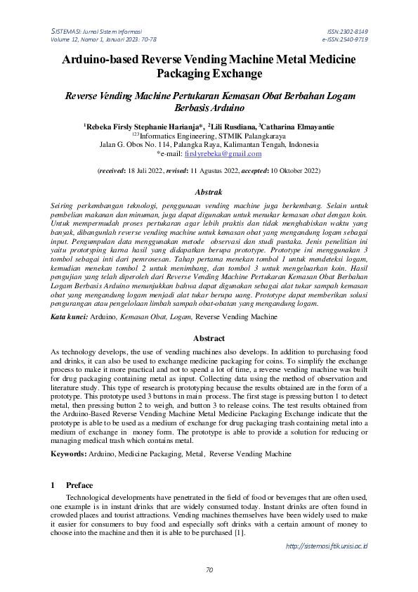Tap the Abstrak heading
pyautogui.click(x=208, y=192)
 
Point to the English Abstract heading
pyautogui.click(x=208, y=338)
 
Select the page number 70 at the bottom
pyautogui.click(x=209, y=570)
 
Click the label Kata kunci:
pyautogui.click(x=68, y=318)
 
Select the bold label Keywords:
pyautogui.click(x=69, y=455)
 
